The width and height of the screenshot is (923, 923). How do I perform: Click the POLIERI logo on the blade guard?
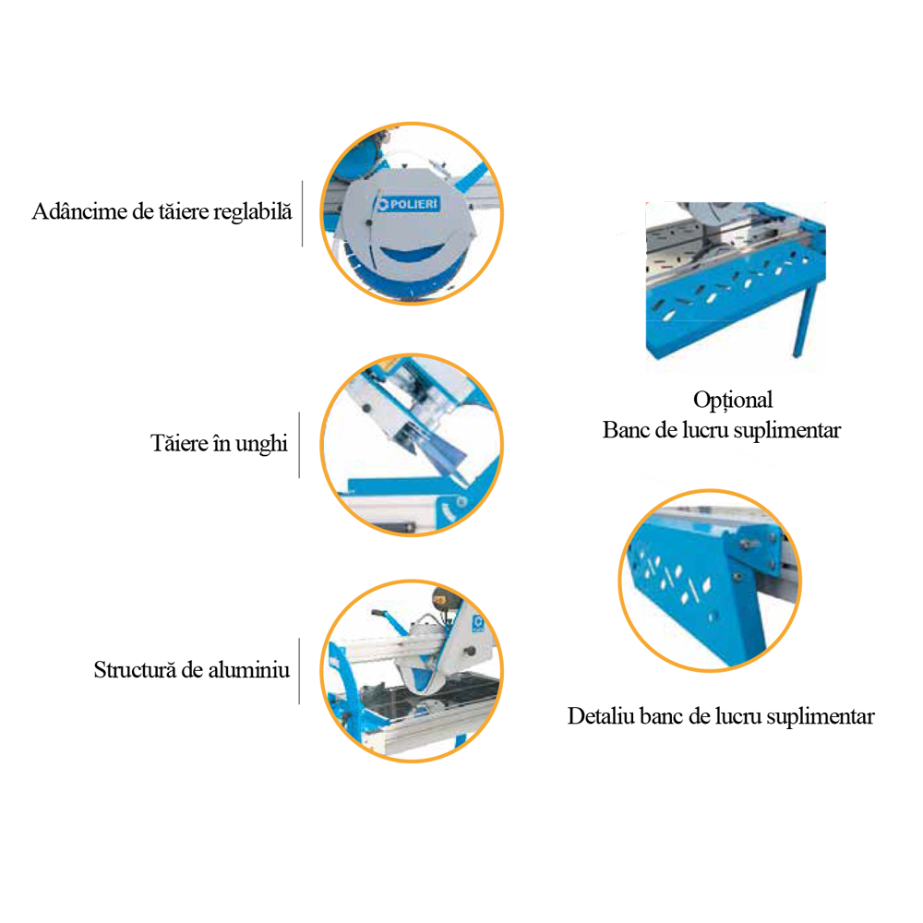click(408, 204)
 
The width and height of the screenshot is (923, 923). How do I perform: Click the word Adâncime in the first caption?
click(80, 211)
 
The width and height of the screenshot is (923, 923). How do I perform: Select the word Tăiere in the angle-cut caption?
click(179, 443)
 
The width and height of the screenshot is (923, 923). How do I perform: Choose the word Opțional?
click(733, 401)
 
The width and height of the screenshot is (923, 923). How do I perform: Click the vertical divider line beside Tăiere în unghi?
click(300, 445)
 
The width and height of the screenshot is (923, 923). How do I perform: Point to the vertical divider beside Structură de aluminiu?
click(300, 671)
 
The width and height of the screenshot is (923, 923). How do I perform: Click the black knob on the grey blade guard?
click(369, 222)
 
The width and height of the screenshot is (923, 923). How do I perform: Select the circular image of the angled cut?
click(412, 445)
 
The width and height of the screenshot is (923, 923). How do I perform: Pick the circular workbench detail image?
click(710, 581)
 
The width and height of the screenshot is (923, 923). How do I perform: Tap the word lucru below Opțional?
click(705, 430)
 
